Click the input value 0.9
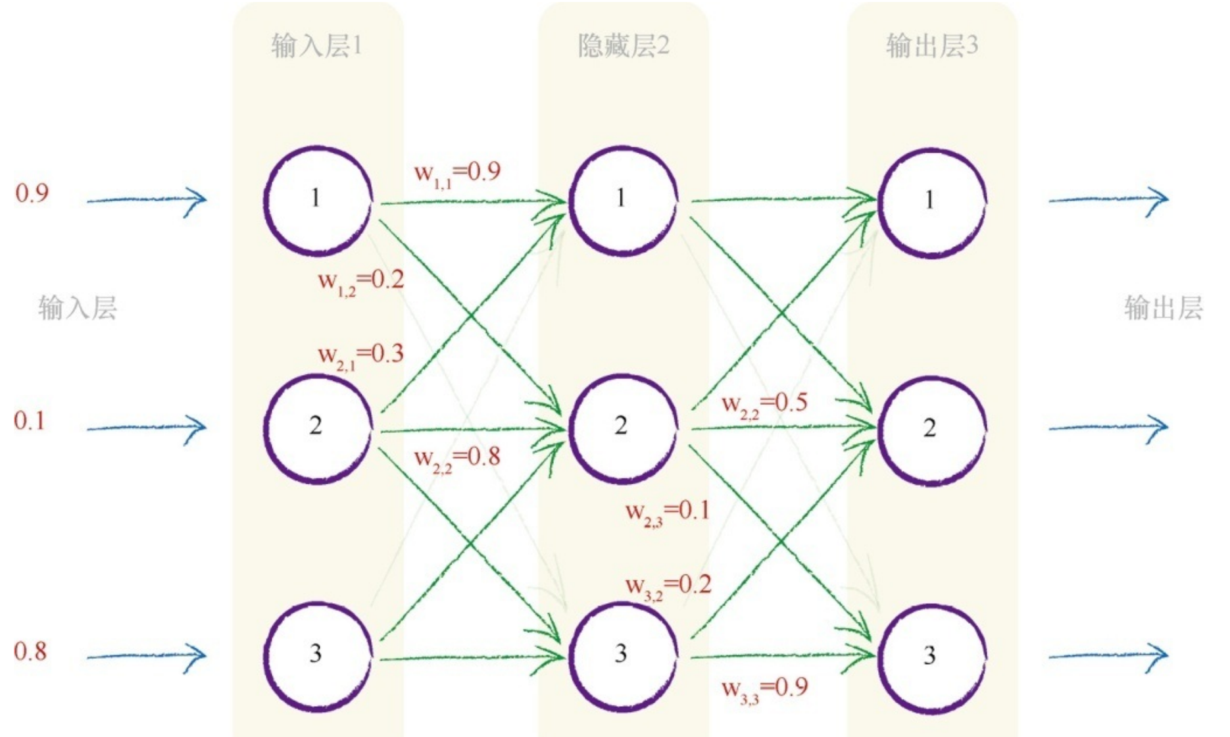32,193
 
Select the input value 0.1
30,420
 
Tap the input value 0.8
30,651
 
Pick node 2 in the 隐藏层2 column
622,428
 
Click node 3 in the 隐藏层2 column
622,655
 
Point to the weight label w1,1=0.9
457,173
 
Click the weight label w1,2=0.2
361,282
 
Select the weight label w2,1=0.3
361,356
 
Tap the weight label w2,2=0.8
457,458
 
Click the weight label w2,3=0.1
668,512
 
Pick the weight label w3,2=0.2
668,586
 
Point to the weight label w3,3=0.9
764,689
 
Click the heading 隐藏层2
623,46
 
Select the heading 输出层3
931,46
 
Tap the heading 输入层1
316,46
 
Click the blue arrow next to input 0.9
147,199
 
